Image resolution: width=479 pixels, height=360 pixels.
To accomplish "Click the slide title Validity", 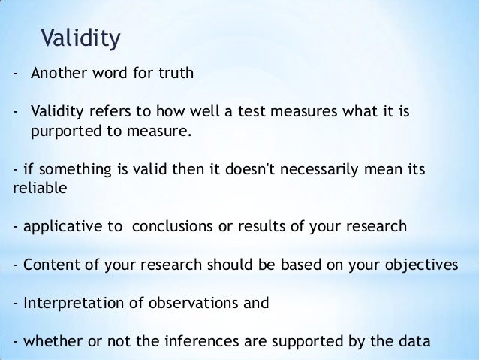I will click(80, 37).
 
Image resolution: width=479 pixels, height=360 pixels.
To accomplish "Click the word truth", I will click(173, 74).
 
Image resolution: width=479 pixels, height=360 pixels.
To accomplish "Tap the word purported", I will click(62, 133).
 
